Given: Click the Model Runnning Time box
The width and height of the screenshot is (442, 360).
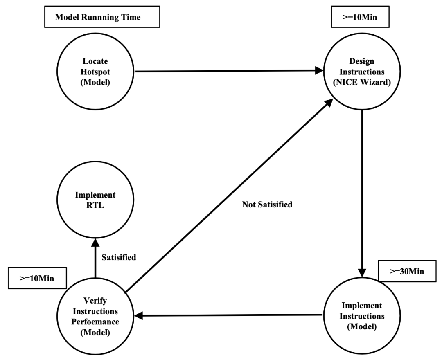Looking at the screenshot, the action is (x=102, y=17).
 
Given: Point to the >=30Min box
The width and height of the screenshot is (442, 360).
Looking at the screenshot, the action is (x=407, y=271).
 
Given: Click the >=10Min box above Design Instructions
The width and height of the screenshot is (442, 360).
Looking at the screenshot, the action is (x=360, y=17).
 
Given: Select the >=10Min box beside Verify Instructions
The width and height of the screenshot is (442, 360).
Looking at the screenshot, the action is (x=37, y=278).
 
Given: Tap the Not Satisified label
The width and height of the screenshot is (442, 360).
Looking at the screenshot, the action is (x=267, y=205).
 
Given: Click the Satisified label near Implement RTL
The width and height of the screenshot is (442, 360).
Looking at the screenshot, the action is (x=119, y=257).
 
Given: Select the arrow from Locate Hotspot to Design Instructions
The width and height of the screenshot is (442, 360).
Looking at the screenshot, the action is (x=229, y=71).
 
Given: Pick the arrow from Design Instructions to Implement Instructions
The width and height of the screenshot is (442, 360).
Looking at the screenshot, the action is (x=362, y=194).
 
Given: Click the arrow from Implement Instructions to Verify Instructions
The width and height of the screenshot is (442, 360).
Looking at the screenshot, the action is (x=228, y=315).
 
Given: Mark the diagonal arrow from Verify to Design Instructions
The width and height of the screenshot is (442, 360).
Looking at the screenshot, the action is (x=229, y=196).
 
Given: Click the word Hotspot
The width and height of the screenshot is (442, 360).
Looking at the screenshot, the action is (x=95, y=72).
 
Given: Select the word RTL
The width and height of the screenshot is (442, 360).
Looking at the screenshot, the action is (x=95, y=205).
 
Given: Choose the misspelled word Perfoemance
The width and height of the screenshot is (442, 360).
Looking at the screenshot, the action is (x=95, y=322).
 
